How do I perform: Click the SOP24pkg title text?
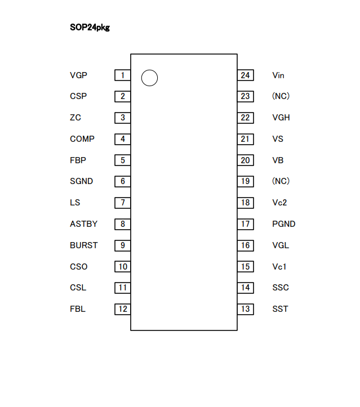pyautogui.click(x=90, y=27)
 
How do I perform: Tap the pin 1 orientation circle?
pyautogui.click(x=149, y=78)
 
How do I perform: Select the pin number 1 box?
pyautogui.click(x=122, y=75)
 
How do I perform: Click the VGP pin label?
pyautogui.click(x=79, y=75)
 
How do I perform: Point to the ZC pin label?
pyautogui.click(x=75, y=118)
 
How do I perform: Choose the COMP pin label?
pyautogui.click(x=82, y=139)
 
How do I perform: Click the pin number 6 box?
pyautogui.click(x=122, y=181)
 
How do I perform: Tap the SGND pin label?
pyautogui.click(x=82, y=181)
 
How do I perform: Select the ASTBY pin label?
pyautogui.click(x=83, y=224)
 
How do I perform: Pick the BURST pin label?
pyautogui.click(x=84, y=245)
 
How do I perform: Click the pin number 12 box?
pyautogui.click(x=122, y=309)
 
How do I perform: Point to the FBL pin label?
pyautogui.click(x=78, y=309)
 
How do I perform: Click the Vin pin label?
pyautogui.click(x=278, y=75)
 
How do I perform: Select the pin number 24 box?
pyautogui.click(x=245, y=75)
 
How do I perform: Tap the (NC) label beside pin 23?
pyautogui.click(x=281, y=96)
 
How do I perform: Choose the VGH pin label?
pyautogui.click(x=281, y=118)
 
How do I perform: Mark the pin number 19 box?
pyautogui.click(x=245, y=181)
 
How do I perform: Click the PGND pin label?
pyautogui.click(x=284, y=224)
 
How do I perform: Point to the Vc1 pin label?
pyautogui.click(x=279, y=267)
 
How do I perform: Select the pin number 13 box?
pyautogui.click(x=245, y=309)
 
